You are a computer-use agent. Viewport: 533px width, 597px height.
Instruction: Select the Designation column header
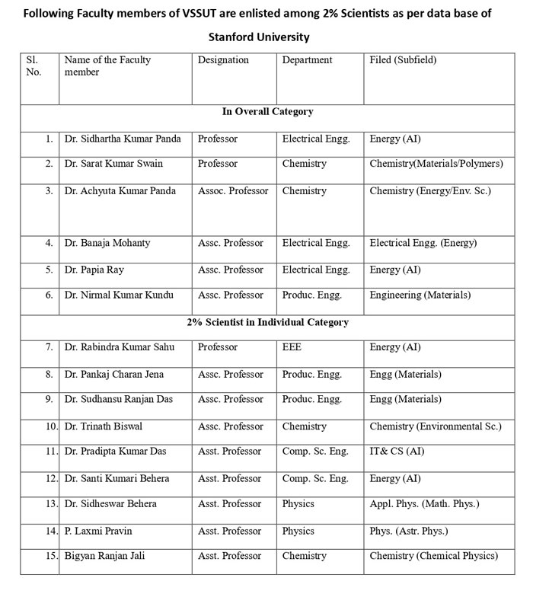[x=223, y=59]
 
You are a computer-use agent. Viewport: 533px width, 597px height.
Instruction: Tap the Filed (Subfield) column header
[x=403, y=59]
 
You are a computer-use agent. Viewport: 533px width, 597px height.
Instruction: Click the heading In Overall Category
[x=267, y=111]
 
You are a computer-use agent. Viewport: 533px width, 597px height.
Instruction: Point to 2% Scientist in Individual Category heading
[x=267, y=322]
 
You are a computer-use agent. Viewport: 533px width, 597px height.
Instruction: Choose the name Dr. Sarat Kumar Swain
[x=113, y=163]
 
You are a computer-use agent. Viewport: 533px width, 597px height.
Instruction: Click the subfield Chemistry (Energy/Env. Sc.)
[x=430, y=190]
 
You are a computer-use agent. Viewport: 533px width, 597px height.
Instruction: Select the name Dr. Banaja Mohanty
[x=107, y=243]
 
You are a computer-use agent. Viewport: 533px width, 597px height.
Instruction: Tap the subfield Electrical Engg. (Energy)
[x=423, y=243]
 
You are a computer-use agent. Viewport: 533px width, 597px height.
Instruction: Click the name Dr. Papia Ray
[x=95, y=270]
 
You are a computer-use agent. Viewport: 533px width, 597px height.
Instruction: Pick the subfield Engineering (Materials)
[x=420, y=295]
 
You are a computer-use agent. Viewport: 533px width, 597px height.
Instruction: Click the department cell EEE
[x=292, y=347]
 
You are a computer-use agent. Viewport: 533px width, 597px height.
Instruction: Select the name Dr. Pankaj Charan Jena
[x=114, y=374]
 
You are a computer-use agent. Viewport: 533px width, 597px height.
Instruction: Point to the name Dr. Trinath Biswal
[x=104, y=426]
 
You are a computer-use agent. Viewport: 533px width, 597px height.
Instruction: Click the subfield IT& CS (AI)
[x=397, y=451]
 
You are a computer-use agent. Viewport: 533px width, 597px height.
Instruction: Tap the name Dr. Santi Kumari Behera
[x=116, y=478]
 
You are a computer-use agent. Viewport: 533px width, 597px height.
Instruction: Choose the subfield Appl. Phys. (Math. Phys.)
[x=424, y=503]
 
